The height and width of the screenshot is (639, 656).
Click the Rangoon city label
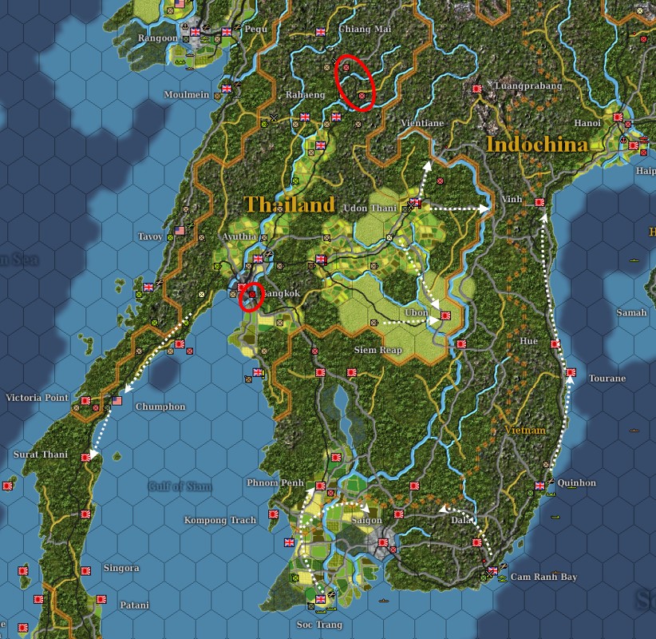tap(157, 38)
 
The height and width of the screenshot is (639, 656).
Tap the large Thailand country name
tap(290, 204)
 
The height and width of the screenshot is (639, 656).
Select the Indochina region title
tap(536, 145)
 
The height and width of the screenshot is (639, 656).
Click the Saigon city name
tap(366, 520)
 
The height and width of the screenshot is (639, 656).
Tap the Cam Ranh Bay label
tap(543, 576)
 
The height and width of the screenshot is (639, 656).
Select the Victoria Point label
tap(37, 397)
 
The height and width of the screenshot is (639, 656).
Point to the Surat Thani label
tap(41, 454)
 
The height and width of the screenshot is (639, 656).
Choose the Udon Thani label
tap(369, 208)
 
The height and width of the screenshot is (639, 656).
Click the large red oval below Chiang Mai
tap(355, 82)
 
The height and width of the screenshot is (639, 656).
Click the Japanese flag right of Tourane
tap(571, 373)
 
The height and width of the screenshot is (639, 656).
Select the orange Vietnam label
tap(525, 430)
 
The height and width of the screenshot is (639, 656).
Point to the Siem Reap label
tap(377, 350)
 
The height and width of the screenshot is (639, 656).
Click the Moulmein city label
tap(186, 93)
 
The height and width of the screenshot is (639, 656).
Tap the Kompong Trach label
tap(220, 520)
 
